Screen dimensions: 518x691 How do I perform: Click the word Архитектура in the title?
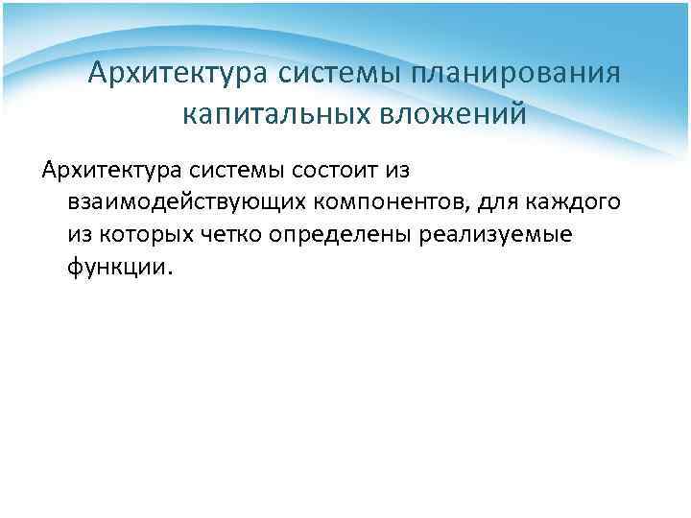pyautogui.click(x=178, y=73)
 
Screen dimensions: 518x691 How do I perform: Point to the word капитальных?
pyautogui.click(x=278, y=114)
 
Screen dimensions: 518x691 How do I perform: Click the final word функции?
pyautogui.click(x=119, y=268)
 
